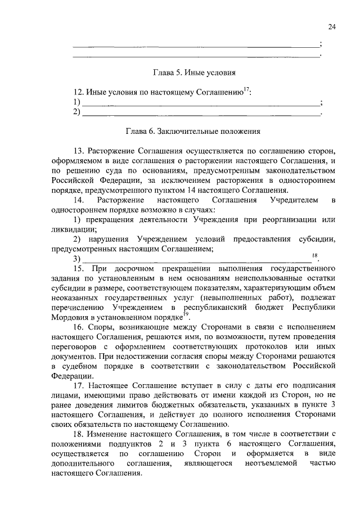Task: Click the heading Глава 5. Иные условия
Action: point(194,73)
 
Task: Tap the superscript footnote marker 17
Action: point(247,88)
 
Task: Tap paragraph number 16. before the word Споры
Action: point(79,327)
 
